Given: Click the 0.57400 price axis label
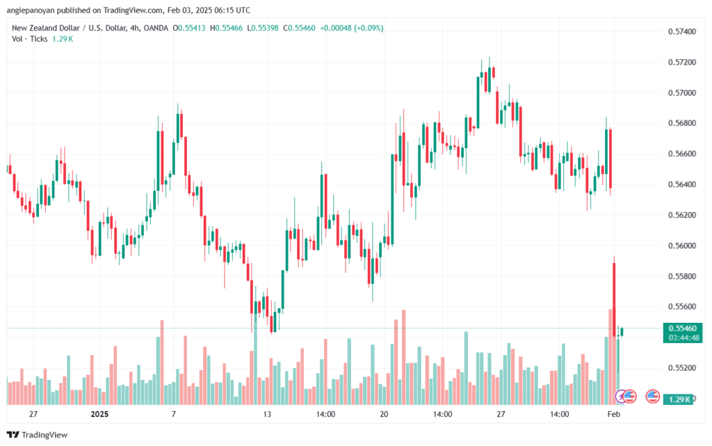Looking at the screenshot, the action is tap(681, 31).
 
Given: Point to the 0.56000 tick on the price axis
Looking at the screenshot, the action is tap(681, 246).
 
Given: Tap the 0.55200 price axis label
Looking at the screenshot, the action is tap(681, 368).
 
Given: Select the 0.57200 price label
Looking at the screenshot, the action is tap(681, 62).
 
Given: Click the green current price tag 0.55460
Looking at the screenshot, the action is tap(683, 328).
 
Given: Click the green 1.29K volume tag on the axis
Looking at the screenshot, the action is tap(678, 399).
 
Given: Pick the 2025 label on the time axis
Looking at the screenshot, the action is tap(99, 414).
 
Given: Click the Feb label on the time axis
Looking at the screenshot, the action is tap(613, 414).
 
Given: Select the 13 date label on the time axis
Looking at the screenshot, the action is tap(267, 414).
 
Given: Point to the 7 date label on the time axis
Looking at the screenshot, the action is tap(173, 414).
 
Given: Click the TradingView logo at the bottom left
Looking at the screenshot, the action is tap(38, 435).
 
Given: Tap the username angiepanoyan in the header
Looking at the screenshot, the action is tap(31, 10).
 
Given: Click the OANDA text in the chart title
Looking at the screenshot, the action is tap(156, 28).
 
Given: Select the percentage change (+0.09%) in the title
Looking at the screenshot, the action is tap(369, 28).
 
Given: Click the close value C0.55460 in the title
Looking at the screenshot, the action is tap(299, 28).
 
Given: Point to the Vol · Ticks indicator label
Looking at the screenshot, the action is tap(29, 39).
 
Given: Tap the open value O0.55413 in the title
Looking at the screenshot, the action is tap(189, 28).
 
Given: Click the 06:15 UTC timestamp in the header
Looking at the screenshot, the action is tap(232, 10).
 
